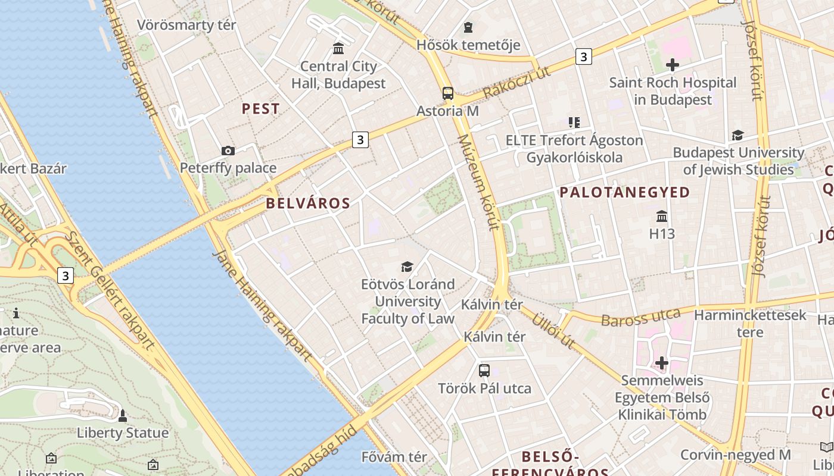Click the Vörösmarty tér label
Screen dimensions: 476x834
coord(186,25)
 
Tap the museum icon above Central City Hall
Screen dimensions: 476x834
coord(338,48)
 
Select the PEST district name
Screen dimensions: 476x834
coord(260,109)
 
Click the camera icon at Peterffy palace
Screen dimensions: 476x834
coord(228,151)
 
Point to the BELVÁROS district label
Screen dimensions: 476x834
coord(308,203)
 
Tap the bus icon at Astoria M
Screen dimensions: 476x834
coord(448,93)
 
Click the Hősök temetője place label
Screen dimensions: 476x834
coord(468,45)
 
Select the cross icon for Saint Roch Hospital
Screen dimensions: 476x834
coord(673,65)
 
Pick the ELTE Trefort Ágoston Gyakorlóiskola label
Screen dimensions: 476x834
coord(574,149)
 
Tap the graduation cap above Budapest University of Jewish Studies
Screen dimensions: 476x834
coord(737,135)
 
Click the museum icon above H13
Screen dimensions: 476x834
coord(662,216)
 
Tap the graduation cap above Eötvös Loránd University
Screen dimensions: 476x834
coord(407,267)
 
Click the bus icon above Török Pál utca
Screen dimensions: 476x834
coord(484,371)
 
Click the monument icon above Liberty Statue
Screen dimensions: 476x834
coord(123,415)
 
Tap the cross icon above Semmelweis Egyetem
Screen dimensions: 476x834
coord(661,363)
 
